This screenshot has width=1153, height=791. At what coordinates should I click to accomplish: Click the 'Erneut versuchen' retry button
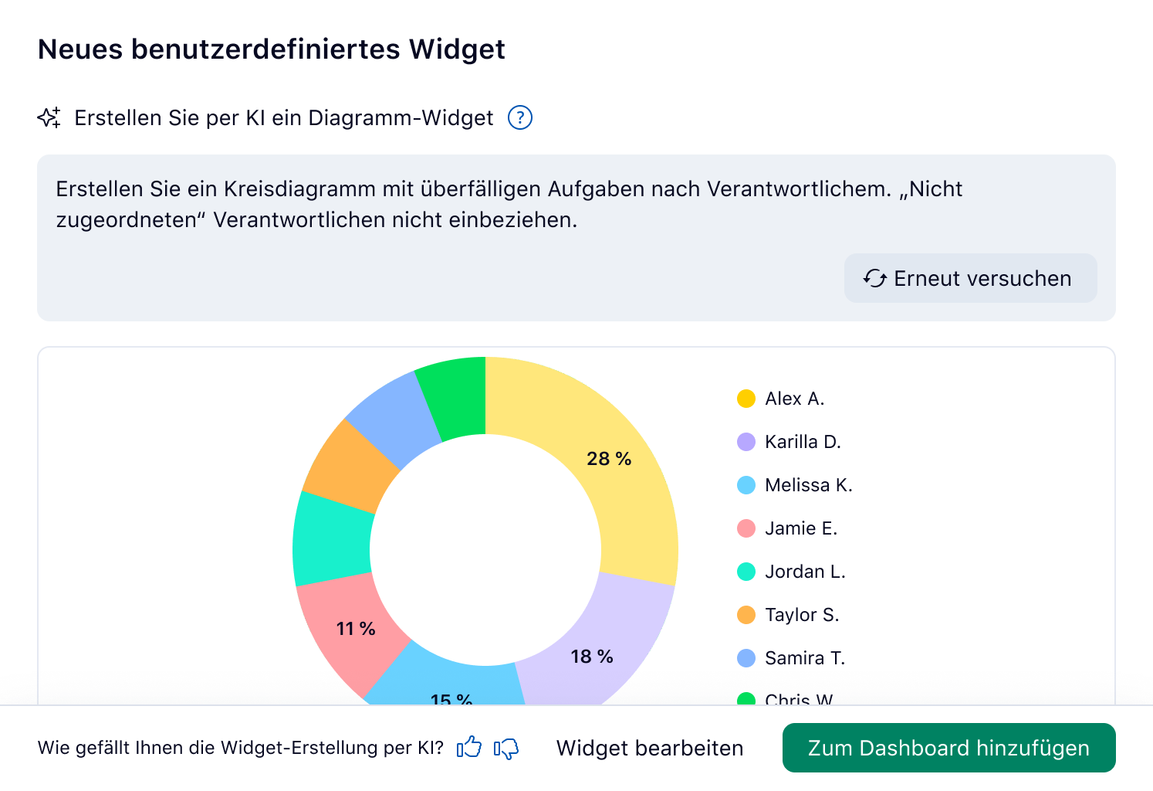(970, 278)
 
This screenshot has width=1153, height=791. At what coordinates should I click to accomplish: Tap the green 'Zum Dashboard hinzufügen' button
(948, 748)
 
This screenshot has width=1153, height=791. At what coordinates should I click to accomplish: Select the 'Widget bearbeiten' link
(650, 748)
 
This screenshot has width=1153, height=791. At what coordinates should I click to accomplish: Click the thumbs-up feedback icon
(469, 748)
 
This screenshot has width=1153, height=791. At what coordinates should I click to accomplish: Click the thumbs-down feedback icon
(506, 748)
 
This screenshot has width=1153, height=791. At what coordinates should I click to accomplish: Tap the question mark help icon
(520, 117)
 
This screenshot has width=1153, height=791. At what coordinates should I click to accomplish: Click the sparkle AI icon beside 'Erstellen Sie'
(49, 117)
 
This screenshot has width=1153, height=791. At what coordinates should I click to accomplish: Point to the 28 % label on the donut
(609, 459)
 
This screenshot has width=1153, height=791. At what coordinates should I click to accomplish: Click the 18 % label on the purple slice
(592, 657)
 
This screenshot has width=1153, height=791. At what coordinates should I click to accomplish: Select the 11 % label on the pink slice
(356, 629)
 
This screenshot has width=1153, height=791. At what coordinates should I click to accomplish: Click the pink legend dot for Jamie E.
(746, 528)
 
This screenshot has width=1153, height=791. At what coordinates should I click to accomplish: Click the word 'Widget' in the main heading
(457, 49)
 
